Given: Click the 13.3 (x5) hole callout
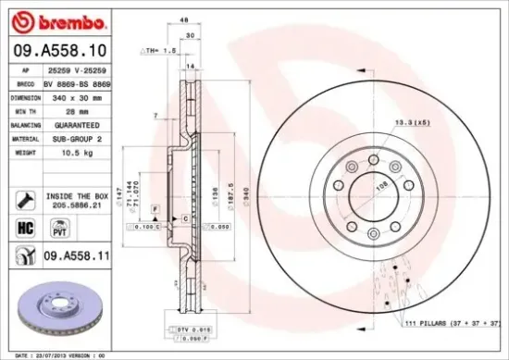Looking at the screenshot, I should pyautogui.click(x=413, y=122).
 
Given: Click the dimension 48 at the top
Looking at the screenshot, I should pyautogui.click(x=183, y=19).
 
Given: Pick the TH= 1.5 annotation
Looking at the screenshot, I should pyautogui.click(x=159, y=50).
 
